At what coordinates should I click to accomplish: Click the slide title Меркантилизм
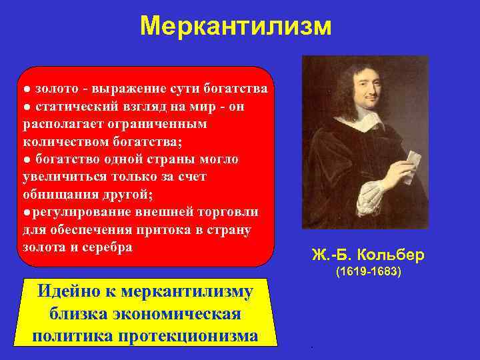pyautogui.click(x=236, y=27)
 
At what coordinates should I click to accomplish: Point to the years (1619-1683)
pyautogui.click(x=368, y=273)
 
